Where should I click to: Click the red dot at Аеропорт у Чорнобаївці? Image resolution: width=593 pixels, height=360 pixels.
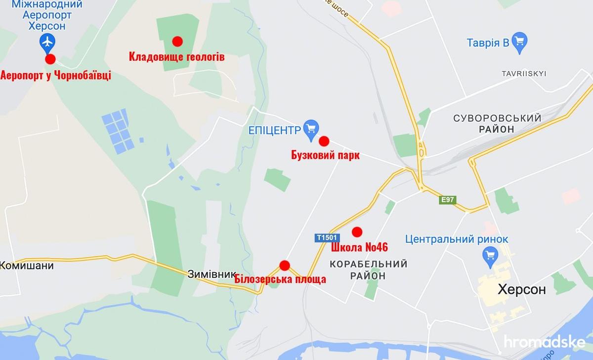coord(50,59)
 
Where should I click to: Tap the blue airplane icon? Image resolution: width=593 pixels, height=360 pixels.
coord(47,43)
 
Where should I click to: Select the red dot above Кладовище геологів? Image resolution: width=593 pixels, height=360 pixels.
coord(177,41)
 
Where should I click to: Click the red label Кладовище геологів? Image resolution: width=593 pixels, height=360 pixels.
coord(176,57)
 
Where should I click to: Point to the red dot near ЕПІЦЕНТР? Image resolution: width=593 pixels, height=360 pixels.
coord(324,141)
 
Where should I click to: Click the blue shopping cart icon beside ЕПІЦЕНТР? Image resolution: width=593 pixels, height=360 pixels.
coord(310,128)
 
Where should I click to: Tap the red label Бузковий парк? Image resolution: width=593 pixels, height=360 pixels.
coord(325,155)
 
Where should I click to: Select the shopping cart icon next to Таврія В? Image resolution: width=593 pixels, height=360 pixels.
coord(520,42)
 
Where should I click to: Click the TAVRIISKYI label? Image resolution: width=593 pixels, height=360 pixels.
coord(523,73)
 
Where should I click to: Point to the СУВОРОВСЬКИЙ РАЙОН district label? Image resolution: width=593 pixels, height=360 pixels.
coord(497,123)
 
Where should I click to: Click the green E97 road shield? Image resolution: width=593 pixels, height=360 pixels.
coord(448,200)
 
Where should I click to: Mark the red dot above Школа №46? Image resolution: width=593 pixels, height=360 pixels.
coord(357,231)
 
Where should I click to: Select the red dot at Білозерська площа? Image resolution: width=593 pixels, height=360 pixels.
coord(284,266)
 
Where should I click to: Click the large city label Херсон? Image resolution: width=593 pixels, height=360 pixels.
coord(522,289)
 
